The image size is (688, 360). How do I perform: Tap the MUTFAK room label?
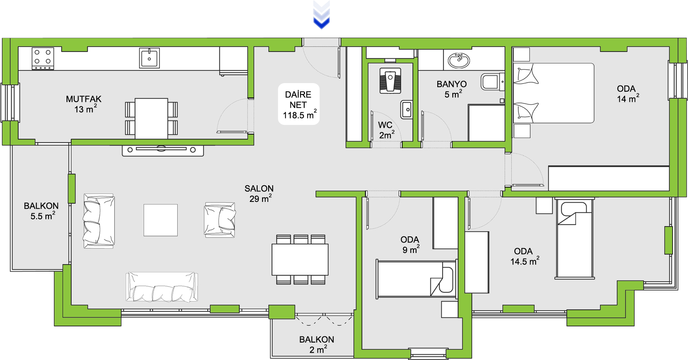click(84, 104)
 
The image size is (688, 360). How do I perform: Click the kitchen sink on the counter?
click(149, 58)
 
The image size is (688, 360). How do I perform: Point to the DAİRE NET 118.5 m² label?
click(299, 105)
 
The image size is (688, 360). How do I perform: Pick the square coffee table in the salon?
click(161, 220)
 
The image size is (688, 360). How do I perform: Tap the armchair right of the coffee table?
click(219, 220)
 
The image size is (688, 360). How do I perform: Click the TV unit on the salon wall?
click(163, 150)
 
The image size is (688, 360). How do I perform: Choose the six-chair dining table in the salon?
click(300, 259)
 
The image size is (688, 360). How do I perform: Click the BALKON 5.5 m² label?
click(41, 211)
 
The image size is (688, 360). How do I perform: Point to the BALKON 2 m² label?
click(317, 345)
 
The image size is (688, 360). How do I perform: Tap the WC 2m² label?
click(386, 130)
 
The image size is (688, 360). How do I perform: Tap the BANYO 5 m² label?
click(452, 89)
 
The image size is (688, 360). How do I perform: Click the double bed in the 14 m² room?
click(553, 93)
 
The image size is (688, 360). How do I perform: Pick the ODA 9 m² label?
click(410, 245)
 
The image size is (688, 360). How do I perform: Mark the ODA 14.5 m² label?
click(524, 256)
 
